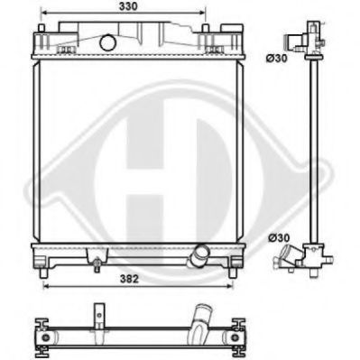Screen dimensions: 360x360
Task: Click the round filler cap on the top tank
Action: click(106, 42)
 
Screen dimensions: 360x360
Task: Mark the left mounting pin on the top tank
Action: click(43, 32)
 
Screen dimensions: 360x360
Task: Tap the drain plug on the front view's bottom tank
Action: click(94, 263)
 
